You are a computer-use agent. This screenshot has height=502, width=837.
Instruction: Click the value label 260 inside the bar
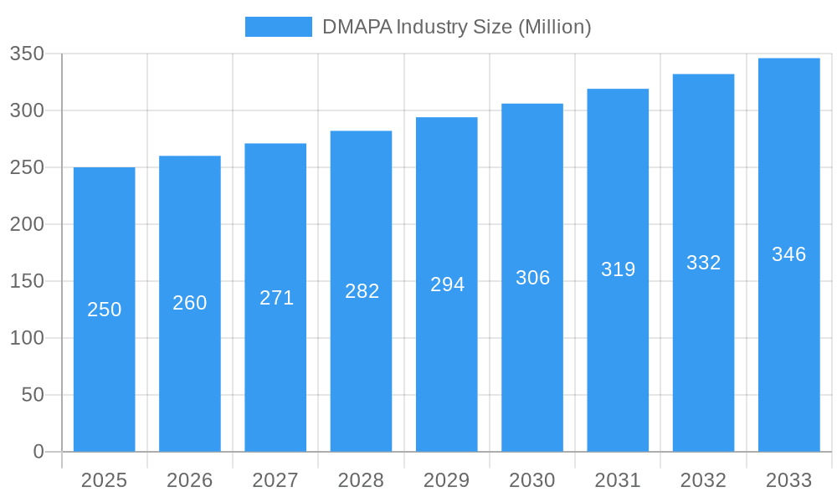190,303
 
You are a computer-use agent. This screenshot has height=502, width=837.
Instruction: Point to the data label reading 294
447,284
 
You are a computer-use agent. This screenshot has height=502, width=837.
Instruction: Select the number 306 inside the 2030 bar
532,278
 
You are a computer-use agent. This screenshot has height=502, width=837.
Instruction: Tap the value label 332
703,263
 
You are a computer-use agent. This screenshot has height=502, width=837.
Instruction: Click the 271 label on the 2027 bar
276,298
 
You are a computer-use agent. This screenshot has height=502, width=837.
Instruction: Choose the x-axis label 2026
190,480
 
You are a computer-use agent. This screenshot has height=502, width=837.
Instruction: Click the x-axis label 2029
446,480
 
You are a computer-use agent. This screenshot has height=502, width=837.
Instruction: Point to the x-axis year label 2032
703,480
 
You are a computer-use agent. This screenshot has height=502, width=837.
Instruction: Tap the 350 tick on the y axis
27,54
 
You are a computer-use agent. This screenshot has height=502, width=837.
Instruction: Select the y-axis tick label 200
27,224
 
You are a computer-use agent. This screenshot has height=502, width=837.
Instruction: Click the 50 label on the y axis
33,395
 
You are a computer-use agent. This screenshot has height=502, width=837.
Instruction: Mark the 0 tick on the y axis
39,452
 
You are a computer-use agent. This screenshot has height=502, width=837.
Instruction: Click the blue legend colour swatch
278,27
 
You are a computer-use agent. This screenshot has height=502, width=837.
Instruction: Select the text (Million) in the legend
555,27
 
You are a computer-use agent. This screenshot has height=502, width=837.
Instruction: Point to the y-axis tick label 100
27,338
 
